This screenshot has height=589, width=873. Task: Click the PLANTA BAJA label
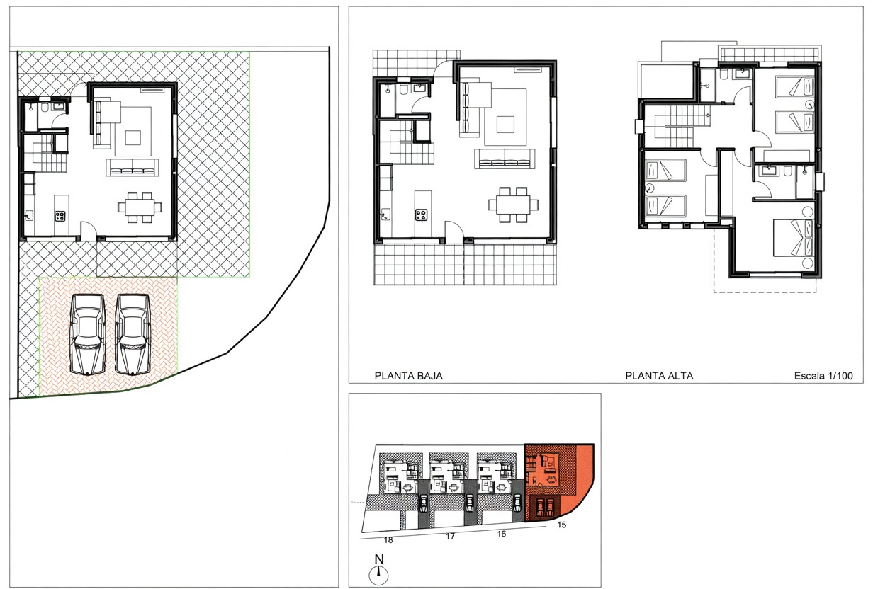click(x=408, y=376)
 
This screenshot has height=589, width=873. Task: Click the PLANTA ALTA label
click(x=659, y=376)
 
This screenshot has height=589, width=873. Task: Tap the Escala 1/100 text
click(x=823, y=376)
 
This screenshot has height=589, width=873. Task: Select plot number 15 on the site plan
click(x=561, y=525)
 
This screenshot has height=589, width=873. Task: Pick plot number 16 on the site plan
click(x=501, y=534)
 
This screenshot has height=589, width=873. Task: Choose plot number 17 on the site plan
click(x=450, y=537)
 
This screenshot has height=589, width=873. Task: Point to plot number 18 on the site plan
click(x=388, y=540)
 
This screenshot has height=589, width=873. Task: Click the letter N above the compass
click(x=379, y=559)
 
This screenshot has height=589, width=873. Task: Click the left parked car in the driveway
click(x=88, y=334)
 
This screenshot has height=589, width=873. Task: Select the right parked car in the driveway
click(x=133, y=334)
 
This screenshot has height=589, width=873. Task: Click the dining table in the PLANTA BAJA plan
click(x=513, y=205)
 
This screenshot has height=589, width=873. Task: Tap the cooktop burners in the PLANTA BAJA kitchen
click(x=421, y=215)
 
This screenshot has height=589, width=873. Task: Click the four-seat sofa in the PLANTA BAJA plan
click(x=505, y=159)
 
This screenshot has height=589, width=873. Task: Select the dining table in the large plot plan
click(x=140, y=207)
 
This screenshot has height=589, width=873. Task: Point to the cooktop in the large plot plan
click(x=60, y=216)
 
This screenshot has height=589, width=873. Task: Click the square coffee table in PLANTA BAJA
click(x=505, y=125)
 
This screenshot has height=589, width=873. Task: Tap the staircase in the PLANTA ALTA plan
click(x=676, y=126)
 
